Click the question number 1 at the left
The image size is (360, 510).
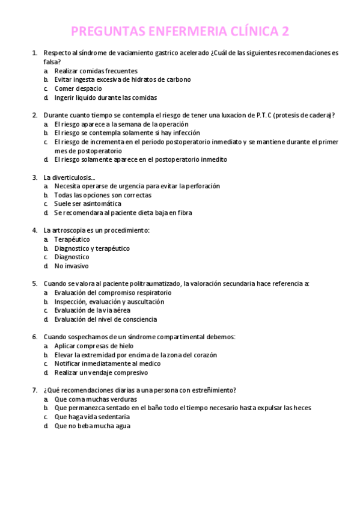[34, 53]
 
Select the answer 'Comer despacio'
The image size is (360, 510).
[78, 88]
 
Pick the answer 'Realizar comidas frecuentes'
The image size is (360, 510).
[96, 71]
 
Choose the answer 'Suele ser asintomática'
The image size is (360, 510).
[87, 204]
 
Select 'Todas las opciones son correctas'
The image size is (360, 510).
[102, 195]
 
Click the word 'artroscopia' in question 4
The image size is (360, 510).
[69, 230]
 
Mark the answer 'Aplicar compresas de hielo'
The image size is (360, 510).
[95, 346]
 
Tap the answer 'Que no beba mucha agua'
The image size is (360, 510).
[92, 426]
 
